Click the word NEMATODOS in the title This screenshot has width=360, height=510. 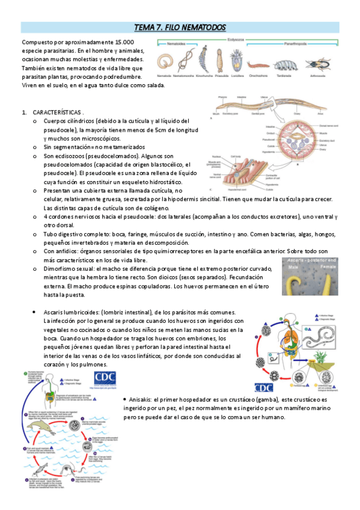[x=204, y=28]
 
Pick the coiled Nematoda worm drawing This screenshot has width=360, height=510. [x=164, y=61]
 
